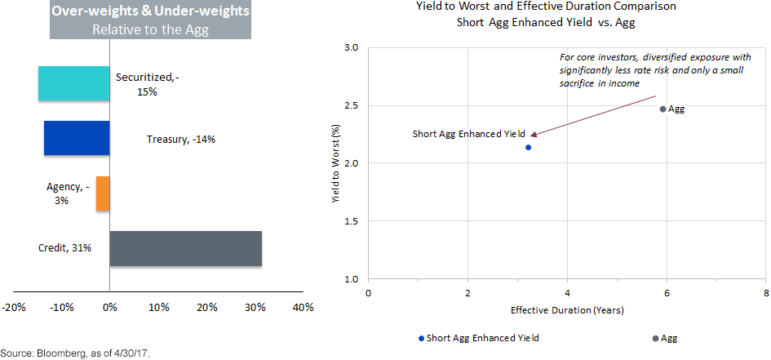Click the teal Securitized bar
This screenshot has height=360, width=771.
pyautogui.click(x=73, y=83)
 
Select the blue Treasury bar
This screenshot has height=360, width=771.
pyautogui.click(x=77, y=138)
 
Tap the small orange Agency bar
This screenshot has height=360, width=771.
pyautogui.click(x=103, y=193)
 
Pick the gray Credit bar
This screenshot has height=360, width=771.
pyautogui.click(x=185, y=248)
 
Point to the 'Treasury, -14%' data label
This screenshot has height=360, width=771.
pyautogui.click(x=181, y=139)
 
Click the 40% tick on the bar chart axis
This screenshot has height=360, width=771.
pyautogui.click(x=303, y=308)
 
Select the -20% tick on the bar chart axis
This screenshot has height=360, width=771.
pyautogui.click(x=13, y=308)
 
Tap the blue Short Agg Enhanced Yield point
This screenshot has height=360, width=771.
pyautogui.click(x=529, y=147)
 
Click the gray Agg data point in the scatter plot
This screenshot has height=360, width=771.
pyautogui.click(x=662, y=109)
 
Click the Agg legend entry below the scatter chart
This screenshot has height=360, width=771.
pyautogui.click(x=665, y=338)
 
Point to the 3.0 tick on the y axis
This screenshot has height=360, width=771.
pyautogui.click(x=352, y=48)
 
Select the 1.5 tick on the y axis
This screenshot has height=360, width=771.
pyautogui.click(x=352, y=221)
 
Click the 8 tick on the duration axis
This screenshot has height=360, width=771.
pyautogui.click(x=765, y=292)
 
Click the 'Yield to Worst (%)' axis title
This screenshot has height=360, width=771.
pyautogui.click(x=335, y=162)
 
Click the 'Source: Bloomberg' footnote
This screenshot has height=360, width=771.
pyautogui.click(x=76, y=353)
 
